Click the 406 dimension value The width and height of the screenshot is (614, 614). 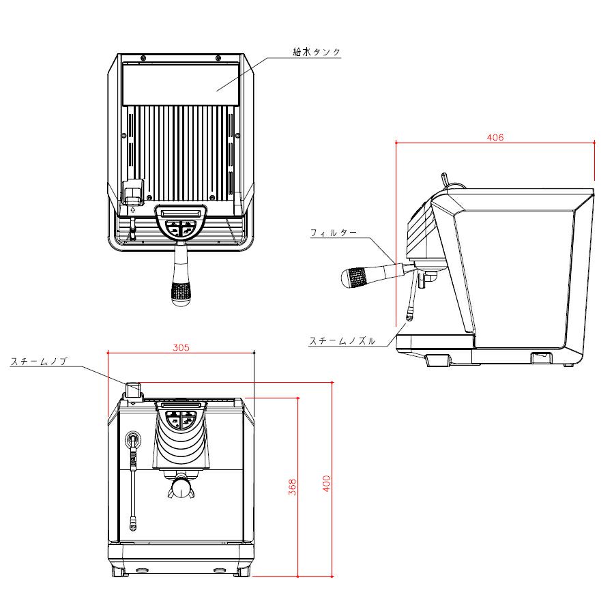pyautogui.click(x=495, y=137)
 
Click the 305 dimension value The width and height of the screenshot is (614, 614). pyautogui.click(x=180, y=347)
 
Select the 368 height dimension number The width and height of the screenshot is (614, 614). pyautogui.click(x=292, y=486)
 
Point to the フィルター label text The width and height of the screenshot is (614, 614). pyautogui.click(x=334, y=233)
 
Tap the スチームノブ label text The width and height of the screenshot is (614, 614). pyautogui.click(x=38, y=362)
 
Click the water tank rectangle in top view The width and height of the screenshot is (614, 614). pyautogui.click(x=180, y=83)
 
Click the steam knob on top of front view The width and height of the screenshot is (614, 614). pyautogui.click(x=132, y=391)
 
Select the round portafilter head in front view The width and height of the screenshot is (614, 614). pyautogui.click(x=181, y=487)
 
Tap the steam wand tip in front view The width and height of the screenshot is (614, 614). pyautogui.click(x=133, y=525)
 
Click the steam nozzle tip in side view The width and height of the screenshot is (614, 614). pyautogui.click(x=409, y=316)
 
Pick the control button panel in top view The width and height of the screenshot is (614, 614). pyautogui.click(x=180, y=222)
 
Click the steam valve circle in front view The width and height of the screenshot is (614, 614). pyautogui.click(x=133, y=438)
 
